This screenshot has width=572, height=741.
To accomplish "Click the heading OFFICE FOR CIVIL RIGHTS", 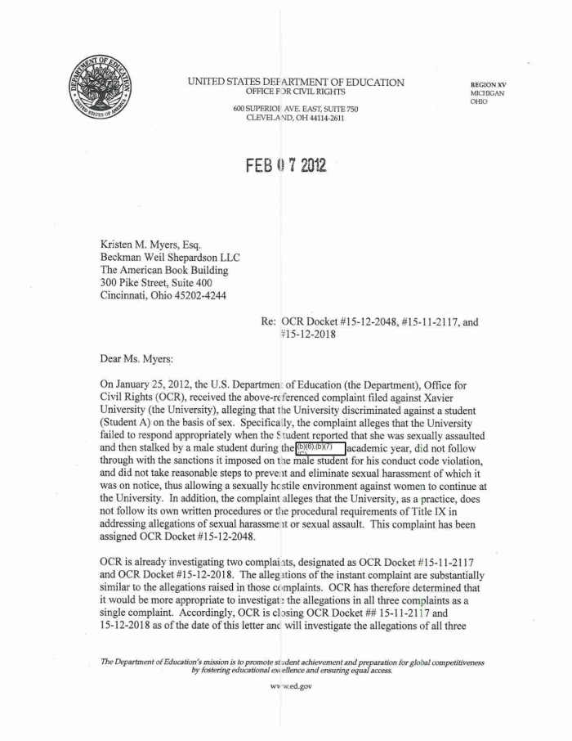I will click(x=295, y=92).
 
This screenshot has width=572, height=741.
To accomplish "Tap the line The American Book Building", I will click(x=164, y=270).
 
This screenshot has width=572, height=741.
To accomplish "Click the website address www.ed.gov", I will click(x=285, y=686).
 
